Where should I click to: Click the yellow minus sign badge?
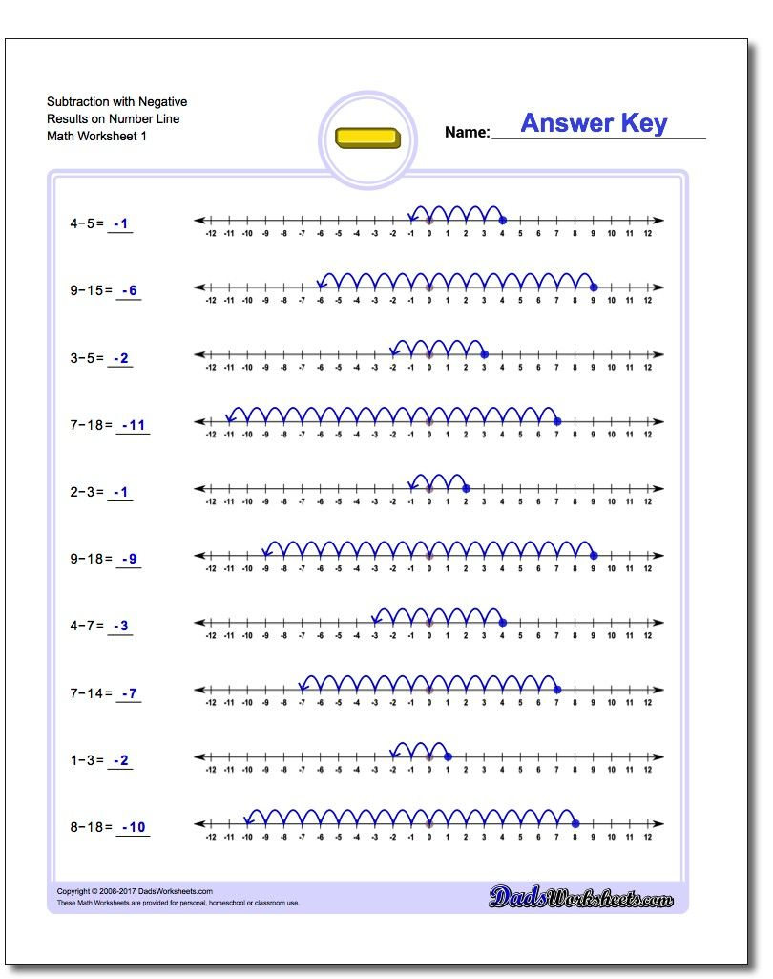(x=368, y=138)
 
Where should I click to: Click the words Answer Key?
(x=594, y=123)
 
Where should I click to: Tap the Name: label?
(x=467, y=133)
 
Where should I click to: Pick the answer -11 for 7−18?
(x=133, y=425)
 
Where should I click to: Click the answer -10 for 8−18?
(x=133, y=827)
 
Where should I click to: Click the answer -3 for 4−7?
(x=120, y=627)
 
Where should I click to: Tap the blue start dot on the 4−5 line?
(x=503, y=220)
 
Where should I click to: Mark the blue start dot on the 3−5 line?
(x=484, y=354)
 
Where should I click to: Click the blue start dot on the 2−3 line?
(x=466, y=488)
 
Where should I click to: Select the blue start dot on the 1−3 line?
(x=448, y=756)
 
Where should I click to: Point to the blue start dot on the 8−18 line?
(x=575, y=823)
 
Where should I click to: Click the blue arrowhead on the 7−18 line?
(x=230, y=417)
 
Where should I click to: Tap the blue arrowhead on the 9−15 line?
(x=322, y=283)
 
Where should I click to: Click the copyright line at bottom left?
(x=135, y=891)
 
